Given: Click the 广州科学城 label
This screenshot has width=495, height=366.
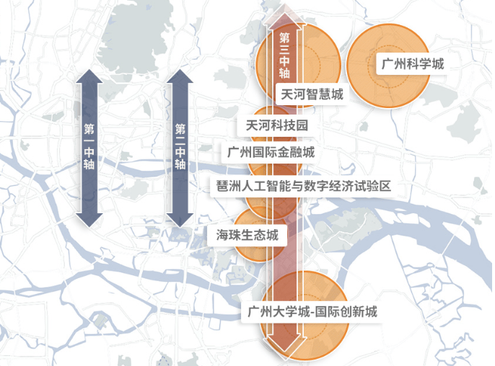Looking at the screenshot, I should tap(412, 64).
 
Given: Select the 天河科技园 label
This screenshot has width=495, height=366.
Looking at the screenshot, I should tap(277, 125).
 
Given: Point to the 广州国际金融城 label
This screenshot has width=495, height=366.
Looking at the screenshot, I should tap(271, 153).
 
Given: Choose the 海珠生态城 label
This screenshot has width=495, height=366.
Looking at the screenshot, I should tap(247, 234).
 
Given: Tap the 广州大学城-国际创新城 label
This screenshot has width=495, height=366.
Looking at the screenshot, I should tap(312, 313).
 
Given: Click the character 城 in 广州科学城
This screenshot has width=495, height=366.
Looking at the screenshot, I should tap(437, 64).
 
